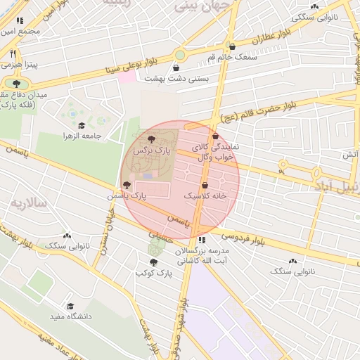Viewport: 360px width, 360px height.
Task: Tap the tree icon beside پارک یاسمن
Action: click(x=127, y=186)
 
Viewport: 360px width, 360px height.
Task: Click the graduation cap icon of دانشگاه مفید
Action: click(x=70, y=307)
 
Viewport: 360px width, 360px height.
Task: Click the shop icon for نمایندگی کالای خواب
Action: click(x=215, y=137)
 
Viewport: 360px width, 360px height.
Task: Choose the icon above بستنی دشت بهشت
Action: click(x=166, y=68)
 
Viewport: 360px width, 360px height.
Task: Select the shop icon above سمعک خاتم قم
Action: click(x=232, y=46)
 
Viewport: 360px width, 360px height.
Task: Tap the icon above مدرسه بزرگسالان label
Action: click(x=202, y=240)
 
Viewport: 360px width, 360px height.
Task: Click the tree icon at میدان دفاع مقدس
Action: click(x=16, y=84)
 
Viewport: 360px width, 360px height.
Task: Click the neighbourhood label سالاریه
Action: click(x=27, y=203)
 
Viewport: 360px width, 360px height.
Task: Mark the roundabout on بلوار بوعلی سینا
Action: click(x=180, y=54)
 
